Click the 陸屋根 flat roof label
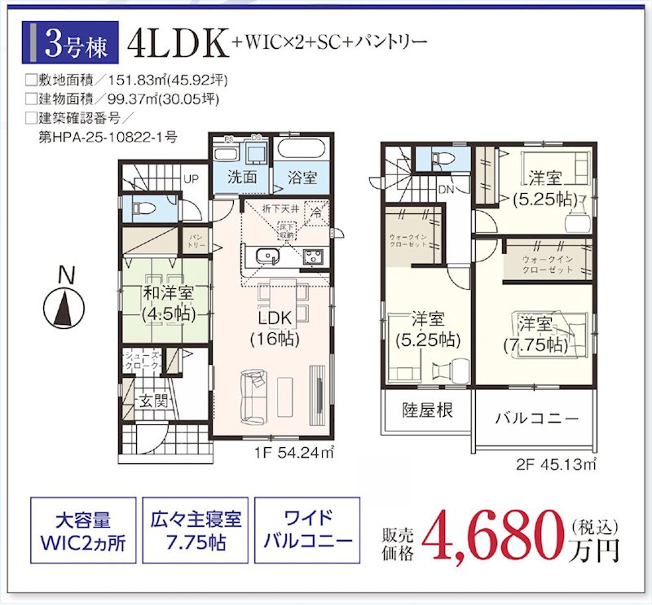point(427,409)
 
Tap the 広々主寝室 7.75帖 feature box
point(194,532)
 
